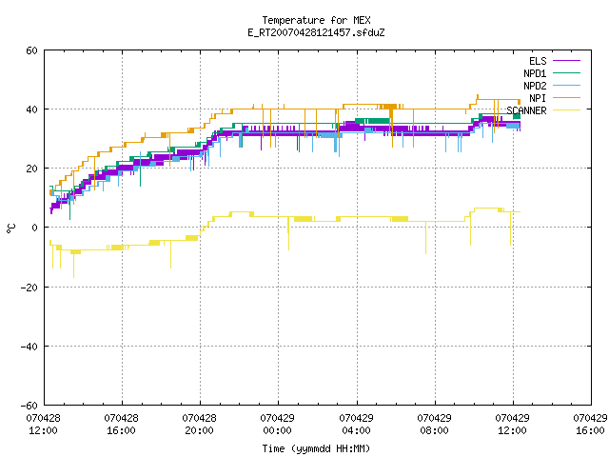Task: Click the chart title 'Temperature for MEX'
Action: (316, 20)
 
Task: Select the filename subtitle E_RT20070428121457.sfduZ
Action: (316, 32)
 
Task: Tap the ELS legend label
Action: (538, 61)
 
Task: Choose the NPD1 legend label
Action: (535, 73)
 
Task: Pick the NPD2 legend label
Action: (535, 86)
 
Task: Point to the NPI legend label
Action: (538, 98)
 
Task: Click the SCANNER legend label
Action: (526, 110)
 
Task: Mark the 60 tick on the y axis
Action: (31, 50)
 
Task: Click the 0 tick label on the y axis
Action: (35, 228)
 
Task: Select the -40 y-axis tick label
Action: (29, 347)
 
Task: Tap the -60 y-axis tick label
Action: (29, 406)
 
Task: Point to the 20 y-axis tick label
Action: (31, 169)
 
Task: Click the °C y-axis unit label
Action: (10, 228)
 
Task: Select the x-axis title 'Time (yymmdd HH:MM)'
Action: (316, 448)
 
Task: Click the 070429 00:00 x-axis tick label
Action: (277, 425)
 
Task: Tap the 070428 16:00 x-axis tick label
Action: (121, 425)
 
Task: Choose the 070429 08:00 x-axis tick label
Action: (434, 425)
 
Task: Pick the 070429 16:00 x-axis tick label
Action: (590, 425)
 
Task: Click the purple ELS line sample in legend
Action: (567, 61)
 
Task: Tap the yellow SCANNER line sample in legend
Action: (567, 110)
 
